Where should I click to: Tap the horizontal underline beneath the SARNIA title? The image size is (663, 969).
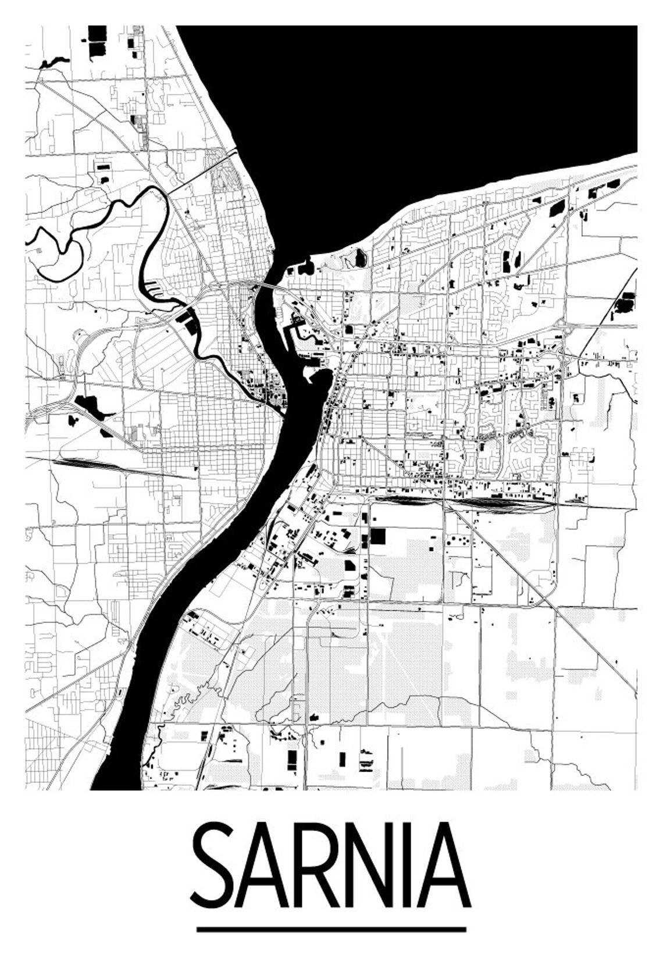[x=331, y=929]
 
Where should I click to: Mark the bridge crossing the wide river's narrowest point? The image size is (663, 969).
[x=265, y=286]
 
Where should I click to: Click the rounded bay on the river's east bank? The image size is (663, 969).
[x=319, y=381]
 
